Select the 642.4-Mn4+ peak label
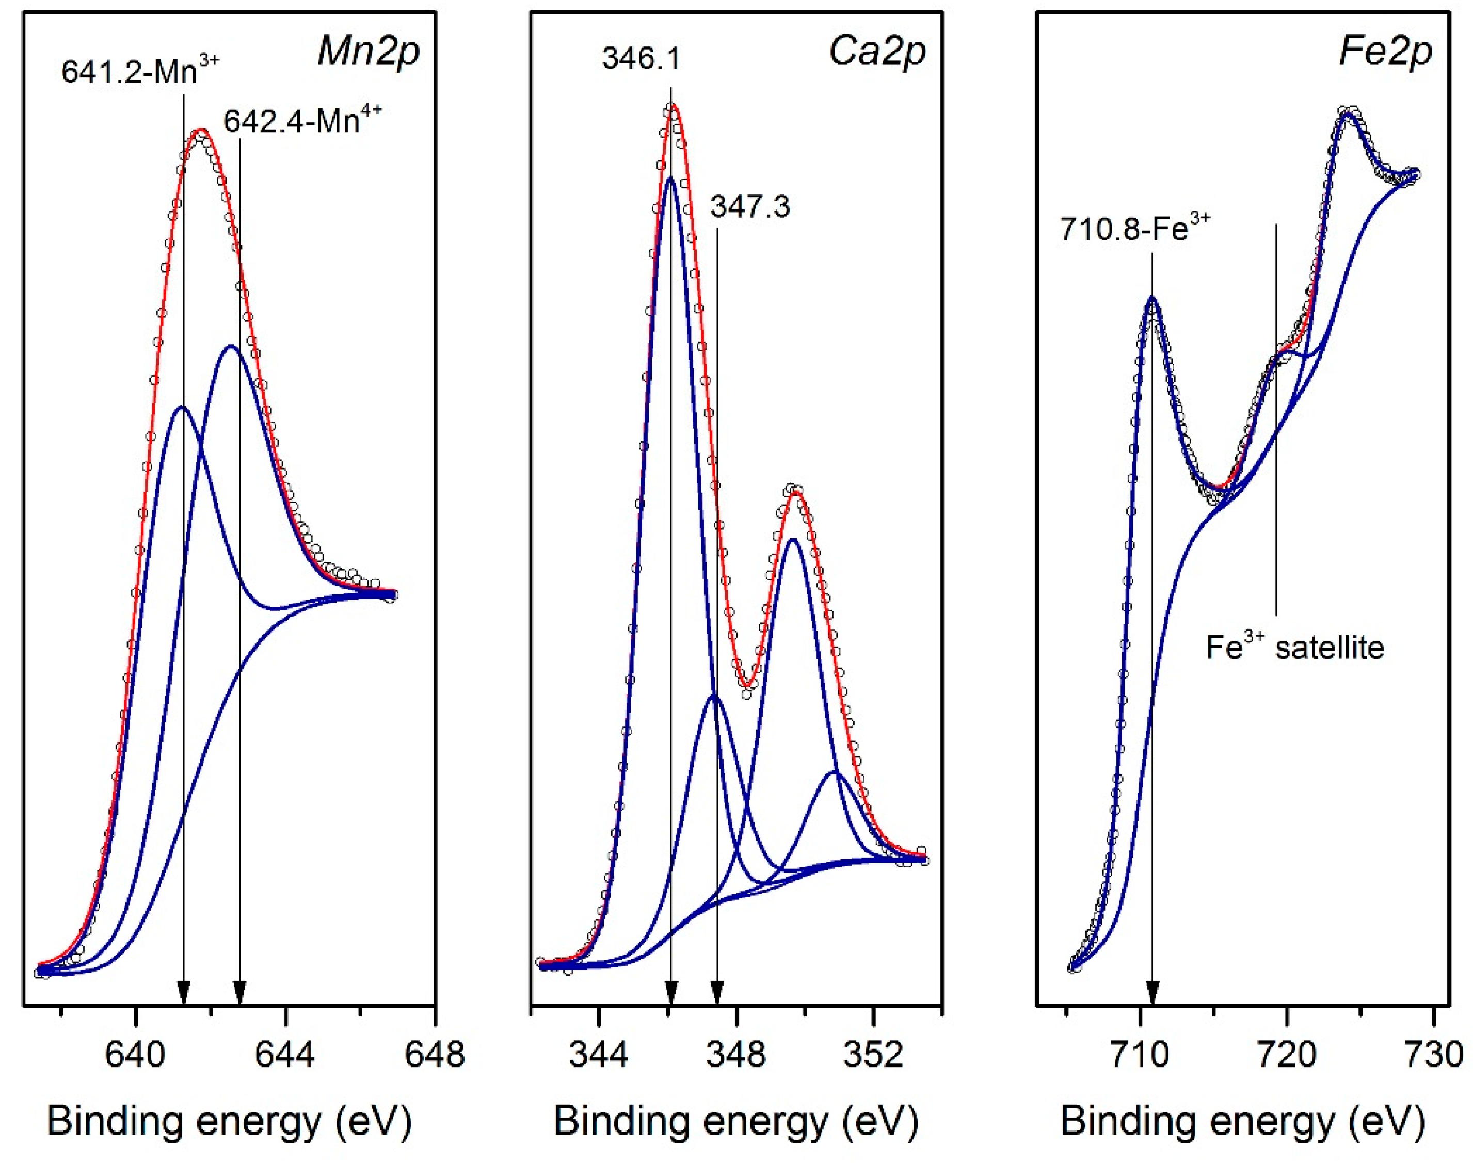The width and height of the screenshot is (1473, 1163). click(x=303, y=121)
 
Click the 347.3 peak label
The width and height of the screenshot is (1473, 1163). click(x=750, y=206)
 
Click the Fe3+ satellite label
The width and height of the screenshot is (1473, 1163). click(x=1294, y=647)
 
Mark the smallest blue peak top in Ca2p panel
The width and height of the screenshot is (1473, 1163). click(x=835, y=773)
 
